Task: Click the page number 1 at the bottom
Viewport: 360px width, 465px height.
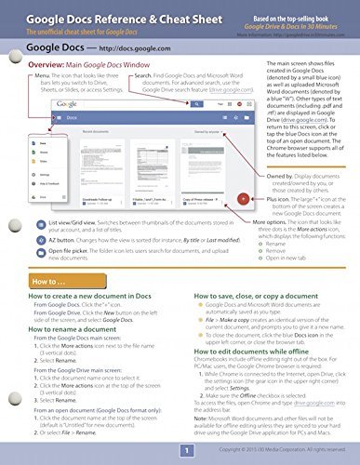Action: pos(184,450)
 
